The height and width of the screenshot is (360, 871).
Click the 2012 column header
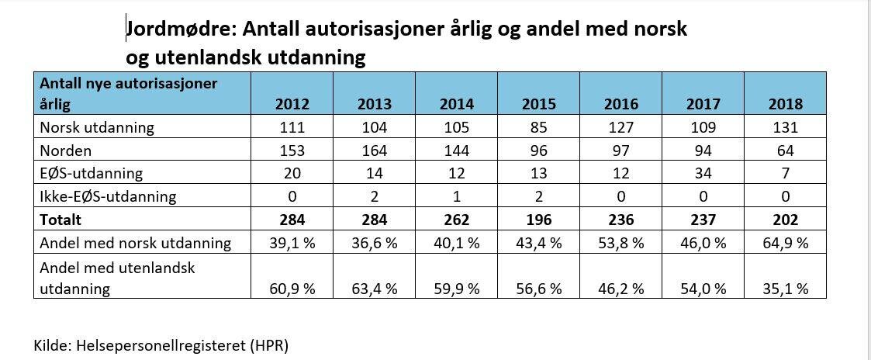(x=292, y=103)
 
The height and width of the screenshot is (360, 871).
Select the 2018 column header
(x=785, y=103)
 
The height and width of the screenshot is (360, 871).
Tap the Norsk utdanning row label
(x=97, y=127)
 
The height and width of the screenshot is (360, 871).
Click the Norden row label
(x=67, y=151)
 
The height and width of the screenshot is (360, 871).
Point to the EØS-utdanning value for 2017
(x=703, y=174)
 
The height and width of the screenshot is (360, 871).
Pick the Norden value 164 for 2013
(x=375, y=151)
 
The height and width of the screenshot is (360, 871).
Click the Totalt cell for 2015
(x=538, y=220)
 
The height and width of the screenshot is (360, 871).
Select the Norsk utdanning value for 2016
(x=620, y=127)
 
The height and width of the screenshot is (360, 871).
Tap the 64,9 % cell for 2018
(x=785, y=244)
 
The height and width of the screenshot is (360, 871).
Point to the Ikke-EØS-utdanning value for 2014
(x=456, y=197)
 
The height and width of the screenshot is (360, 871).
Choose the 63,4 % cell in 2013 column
(x=375, y=289)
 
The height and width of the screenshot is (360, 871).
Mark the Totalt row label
(x=60, y=220)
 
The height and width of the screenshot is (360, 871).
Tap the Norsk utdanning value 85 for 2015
(x=538, y=127)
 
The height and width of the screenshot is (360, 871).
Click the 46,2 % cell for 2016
(x=620, y=289)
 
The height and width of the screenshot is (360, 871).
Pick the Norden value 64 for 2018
(x=785, y=151)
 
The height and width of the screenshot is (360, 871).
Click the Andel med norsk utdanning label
(x=135, y=244)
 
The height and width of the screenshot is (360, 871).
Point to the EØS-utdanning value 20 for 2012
(x=292, y=174)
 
